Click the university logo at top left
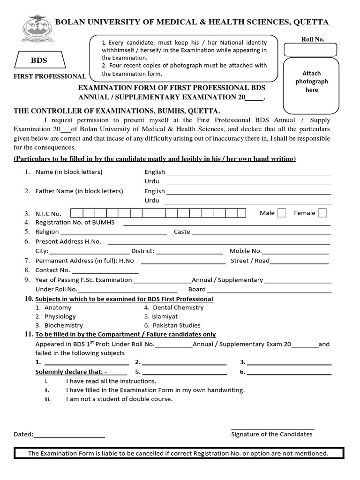[x=35, y=29]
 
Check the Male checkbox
[x=281, y=213]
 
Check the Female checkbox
[x=322, y=213]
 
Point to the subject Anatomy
[x=58, y=307]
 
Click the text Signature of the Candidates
[x=271, y=434]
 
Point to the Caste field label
[x=182, y=232]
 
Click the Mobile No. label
[x=245, y=251]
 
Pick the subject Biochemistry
[x=63, y=325]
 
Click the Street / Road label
[x=250, y=261]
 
